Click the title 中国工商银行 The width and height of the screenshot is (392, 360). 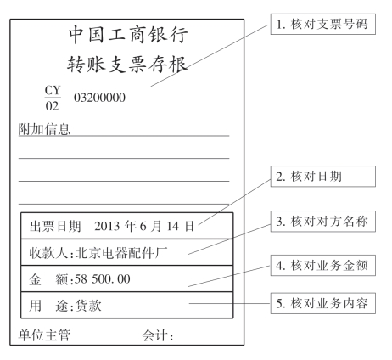pyautogui.click(x=128, y=35)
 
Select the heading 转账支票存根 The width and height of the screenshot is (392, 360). pyautogui.click(x=127, y=65)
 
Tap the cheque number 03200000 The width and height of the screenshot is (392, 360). pyautogui.click(x=99, y=98)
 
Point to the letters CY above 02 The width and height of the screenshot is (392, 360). pyautogui.click(x=53, y=90)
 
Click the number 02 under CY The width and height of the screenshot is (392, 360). pyautogui.click(x=52, y=106)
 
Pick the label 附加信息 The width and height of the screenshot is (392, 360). pyautogui.click(x=44, y=129)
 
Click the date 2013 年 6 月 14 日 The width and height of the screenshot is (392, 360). pyautogui.click(x=144, y=226)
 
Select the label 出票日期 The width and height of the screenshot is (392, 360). pyautogui.click(x=55, y=226)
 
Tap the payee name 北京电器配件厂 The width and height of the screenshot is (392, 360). pyautogui.click(x=121, y=253)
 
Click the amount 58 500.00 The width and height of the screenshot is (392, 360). pyautogui.click(x=103, y=279)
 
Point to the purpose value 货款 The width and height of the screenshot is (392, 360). pyautogui.click(x=88, y=306)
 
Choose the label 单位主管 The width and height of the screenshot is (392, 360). pyautogui.click(x=44, y=335)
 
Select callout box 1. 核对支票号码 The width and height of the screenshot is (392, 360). pyautogui.click(x=323, y=24)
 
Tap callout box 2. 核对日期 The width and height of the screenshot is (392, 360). pyautogui.click(x=323, y=177)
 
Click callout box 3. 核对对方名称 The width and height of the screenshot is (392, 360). pyautogui.click(x=323, y=222)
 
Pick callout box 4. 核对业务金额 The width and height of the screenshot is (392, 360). pyautogui.click(x=323, y=266)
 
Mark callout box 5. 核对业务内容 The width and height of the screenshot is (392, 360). pyautogui.click(x=323, y=303)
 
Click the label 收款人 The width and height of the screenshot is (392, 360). pyautogui.click(x=48, y=253)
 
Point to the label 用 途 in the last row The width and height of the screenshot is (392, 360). pyautogui.click(x=48, y=306)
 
